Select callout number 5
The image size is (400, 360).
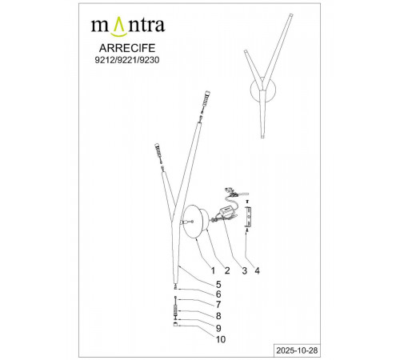218,285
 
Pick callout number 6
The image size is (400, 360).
218,294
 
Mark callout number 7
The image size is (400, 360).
218,304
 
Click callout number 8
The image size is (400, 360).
218,315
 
